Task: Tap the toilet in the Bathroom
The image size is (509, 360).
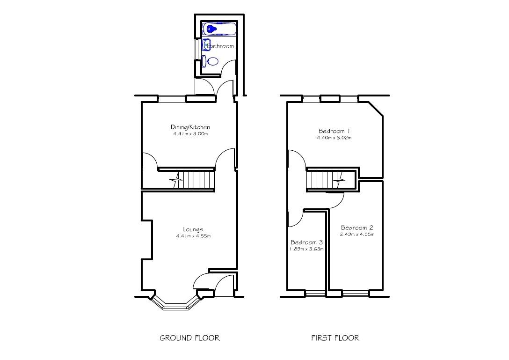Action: [x=211, y=61]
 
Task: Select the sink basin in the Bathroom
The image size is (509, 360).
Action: [x=206, y=45]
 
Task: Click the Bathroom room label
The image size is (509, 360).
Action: [x=220, y=46]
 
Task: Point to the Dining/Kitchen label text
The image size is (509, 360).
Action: [x=190, y=127]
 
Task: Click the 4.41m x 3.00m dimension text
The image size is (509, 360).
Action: [x=190, y=134]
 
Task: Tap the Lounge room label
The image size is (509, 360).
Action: [x=193, y=229]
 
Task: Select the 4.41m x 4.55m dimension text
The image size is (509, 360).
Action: [x=193, y=236]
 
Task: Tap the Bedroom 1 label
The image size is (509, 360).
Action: [x=334, y=131]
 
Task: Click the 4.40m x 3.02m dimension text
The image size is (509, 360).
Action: [x=334, y=138]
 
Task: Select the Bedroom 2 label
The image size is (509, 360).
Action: [x=357, y=228]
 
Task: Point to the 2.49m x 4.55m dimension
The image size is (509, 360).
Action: [x=357, y=235]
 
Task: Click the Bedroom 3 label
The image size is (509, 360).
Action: [x=307, y=242]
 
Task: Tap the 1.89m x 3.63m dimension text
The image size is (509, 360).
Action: [x=307, y=249]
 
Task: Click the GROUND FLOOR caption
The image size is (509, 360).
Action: [x=189, y=338]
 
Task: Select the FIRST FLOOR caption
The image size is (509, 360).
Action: [x=335, y=338]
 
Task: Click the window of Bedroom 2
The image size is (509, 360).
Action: [x=355, y=294]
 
